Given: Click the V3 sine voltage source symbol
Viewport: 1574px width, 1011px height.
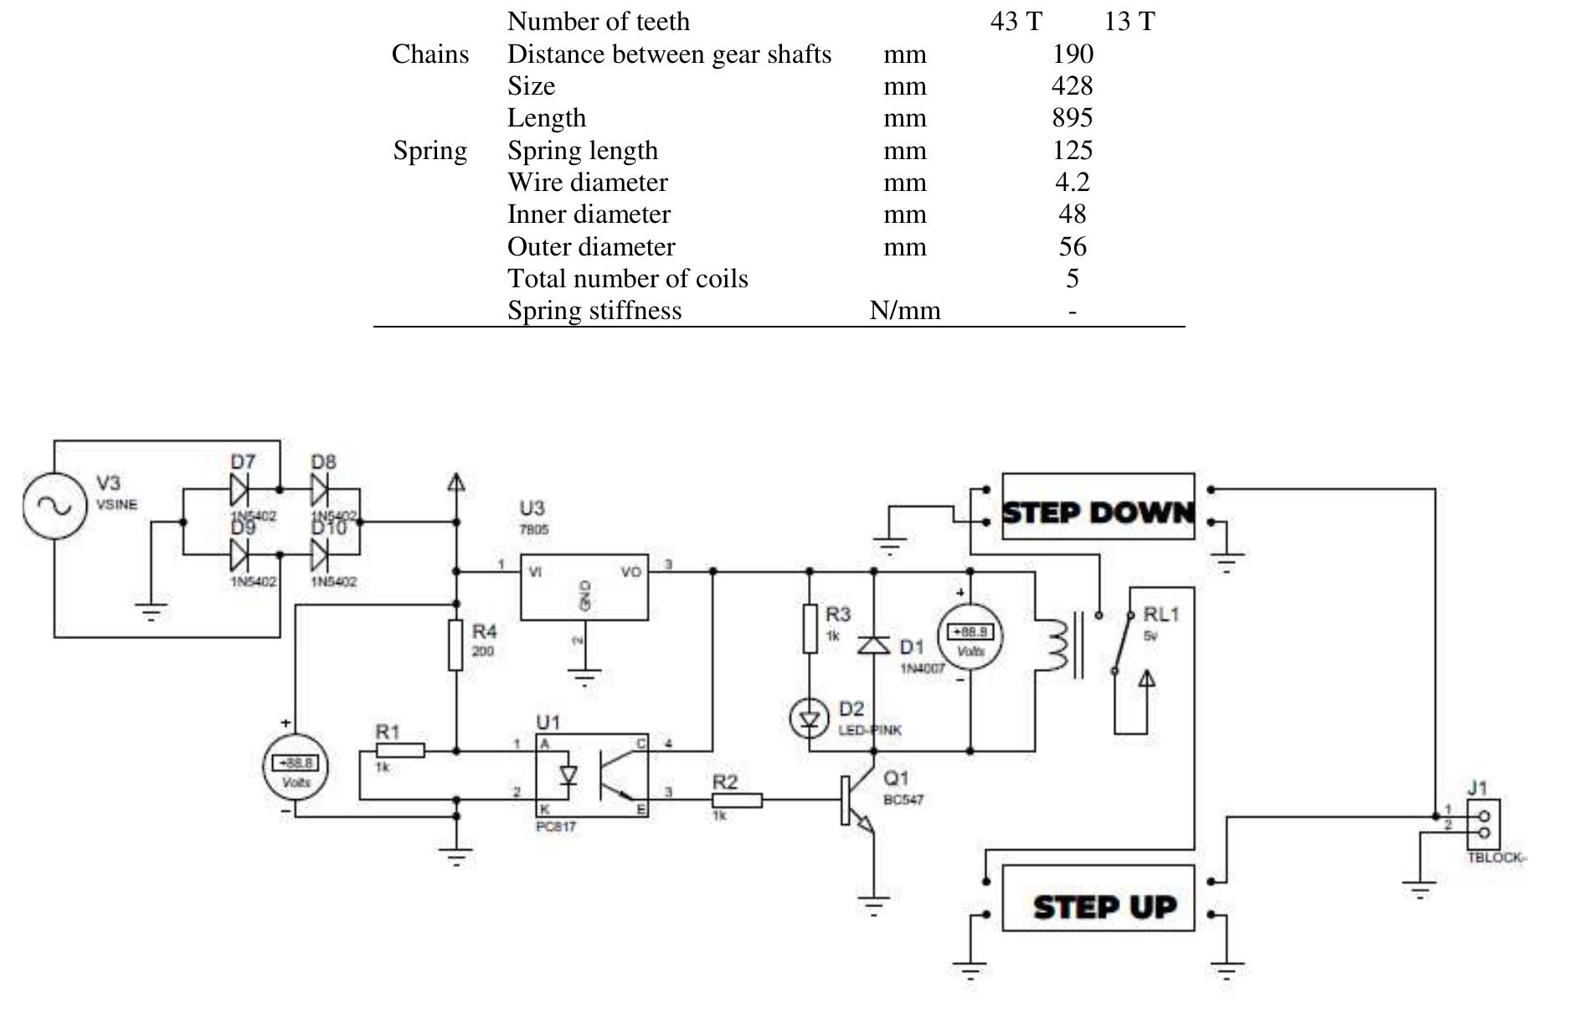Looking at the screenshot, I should click(x=55, y=506).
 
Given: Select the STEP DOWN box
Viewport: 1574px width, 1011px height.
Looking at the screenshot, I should click(x=1098, y=507).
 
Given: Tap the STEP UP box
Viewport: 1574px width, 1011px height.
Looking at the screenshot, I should click(x=1098, y=899).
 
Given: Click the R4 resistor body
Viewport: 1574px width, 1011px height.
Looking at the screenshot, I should click(x=455, y=645).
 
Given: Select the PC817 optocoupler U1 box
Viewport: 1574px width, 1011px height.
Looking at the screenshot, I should click(x=592, y=776).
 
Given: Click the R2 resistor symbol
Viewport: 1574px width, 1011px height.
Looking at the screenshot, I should click(x=737, y=801).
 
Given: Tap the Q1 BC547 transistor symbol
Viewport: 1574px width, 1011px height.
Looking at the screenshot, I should click(x=858, y=800).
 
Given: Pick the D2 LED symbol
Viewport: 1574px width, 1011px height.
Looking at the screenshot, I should click(x=810, y=719).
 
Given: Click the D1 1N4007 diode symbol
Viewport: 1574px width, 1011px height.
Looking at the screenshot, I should click(x=874, y=644).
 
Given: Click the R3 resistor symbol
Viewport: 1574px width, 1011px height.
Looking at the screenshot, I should click(x=810, y=628).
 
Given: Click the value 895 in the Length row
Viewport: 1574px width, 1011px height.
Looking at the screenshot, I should click(x=1072, y=118).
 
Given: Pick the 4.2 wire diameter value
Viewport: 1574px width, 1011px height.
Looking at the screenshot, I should click(x=1072, y=183).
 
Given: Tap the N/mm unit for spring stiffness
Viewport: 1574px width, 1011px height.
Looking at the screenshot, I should click(x=904, y=311).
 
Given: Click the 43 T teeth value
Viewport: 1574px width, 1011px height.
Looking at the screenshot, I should click(x=1016, y=22).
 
